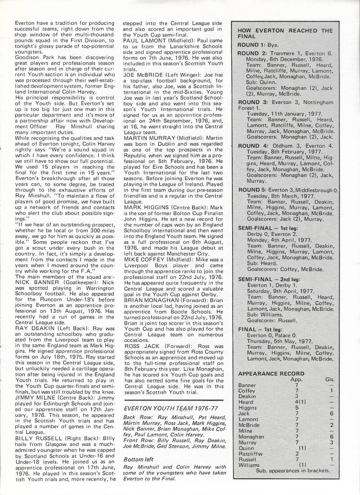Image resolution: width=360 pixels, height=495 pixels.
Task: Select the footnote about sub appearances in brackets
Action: tap(293, 470)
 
